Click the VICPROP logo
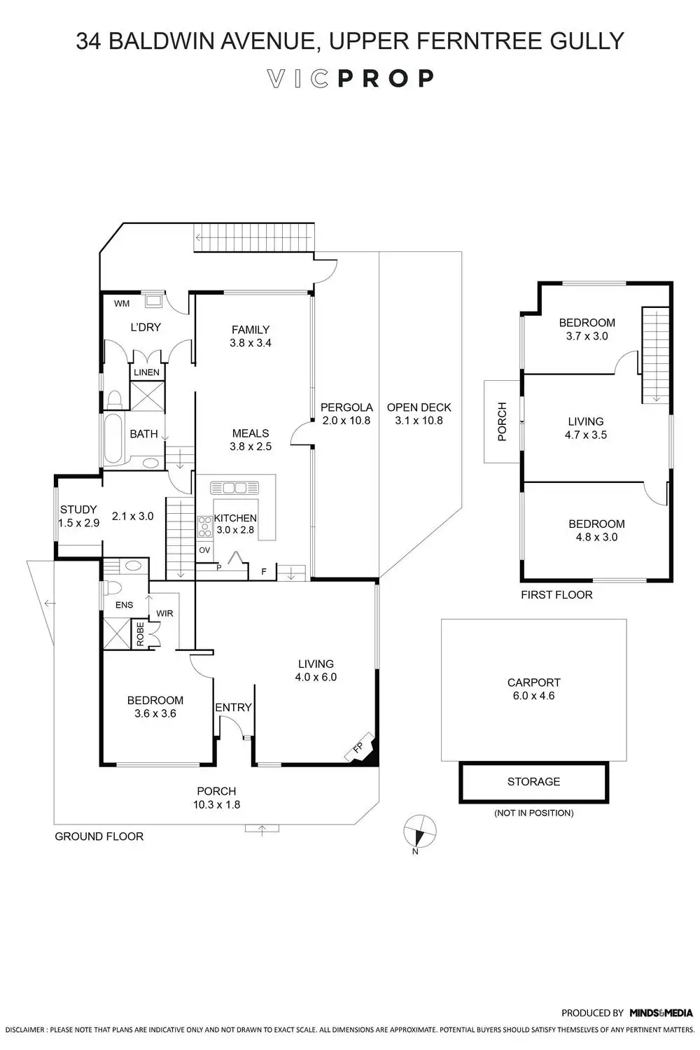tap(351, 78)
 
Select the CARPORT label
tap(533, 682)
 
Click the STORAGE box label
tap(533, 782)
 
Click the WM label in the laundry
tap(122, 304)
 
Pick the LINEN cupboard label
tap(146, 372)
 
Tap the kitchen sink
tap(234, 488)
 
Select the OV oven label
tap(204, 550)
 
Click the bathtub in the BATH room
tap(113, 440)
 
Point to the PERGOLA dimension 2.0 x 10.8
tap(346, 421)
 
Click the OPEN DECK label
tap(419, 407)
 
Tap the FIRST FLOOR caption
tap(556, 595)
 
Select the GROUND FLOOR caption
tap(99, 836)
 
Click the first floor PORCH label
tap(501, 421)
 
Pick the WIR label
tap(164, 613)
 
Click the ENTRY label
tap(233, 708)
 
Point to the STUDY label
tap(78, 510)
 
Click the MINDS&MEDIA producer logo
tap(661, 1013)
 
